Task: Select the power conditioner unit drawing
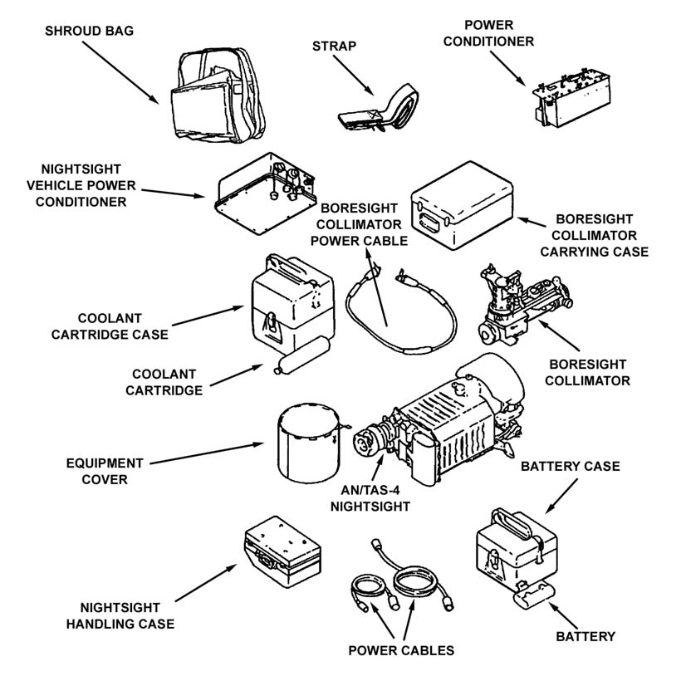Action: [x=565, y=103]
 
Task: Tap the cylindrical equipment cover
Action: [x=308, y=448]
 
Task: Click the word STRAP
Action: [x=335, y=46]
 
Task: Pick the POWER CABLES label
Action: [x=402, y=650]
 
